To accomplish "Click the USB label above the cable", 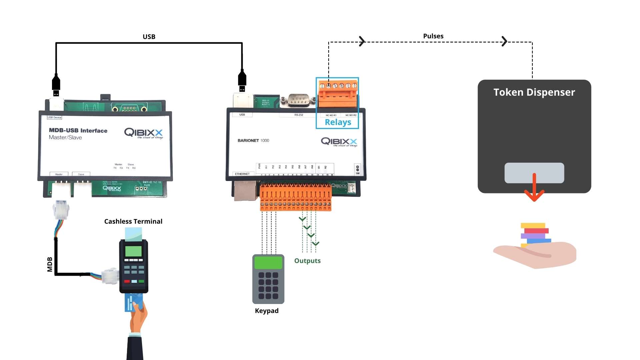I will coord(149,37).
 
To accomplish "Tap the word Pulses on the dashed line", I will coord(433,36).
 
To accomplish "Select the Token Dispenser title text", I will coord(534,92).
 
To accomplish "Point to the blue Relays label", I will coord(338,122).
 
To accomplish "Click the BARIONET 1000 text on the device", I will coord(253,140).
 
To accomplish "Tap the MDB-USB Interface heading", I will coord(78,130).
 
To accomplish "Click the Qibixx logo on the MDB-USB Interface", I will coord(143,133).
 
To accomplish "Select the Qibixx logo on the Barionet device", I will coord(339,142).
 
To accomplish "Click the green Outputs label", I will coord(307,261).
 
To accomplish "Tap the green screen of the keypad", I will coord(268,263).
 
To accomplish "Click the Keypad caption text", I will coord(266,311).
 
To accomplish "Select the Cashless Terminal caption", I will coord(133,221).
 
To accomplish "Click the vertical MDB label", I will coord(50,264).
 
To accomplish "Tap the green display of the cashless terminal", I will coord(133,251).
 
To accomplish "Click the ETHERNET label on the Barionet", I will coord(242,174).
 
